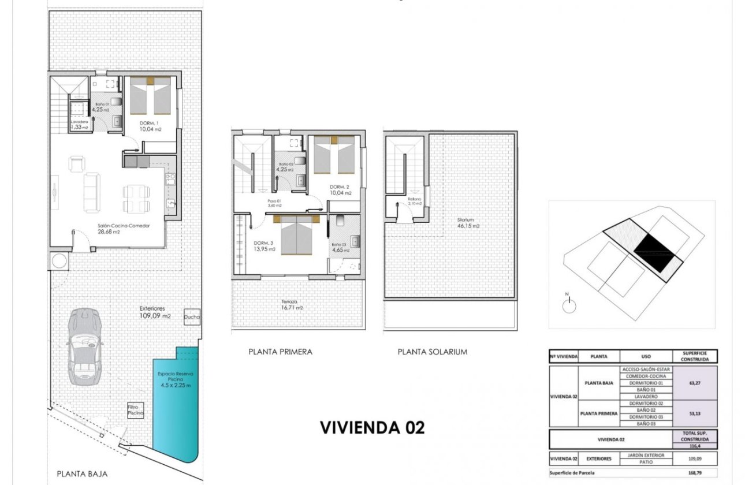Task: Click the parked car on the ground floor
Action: (x=84, y=346)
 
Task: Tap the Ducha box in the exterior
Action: (x=192, y=317)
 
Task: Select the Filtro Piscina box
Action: (x=135, y=411)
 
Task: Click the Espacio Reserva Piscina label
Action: (x=176, y=379)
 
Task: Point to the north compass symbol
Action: (x=568, y=305)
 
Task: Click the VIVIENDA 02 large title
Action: (x=372, y=428)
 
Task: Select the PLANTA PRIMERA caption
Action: (x=280, y=351)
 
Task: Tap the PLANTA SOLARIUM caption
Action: (x=433, y=351)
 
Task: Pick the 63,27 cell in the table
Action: (x=695, y=382)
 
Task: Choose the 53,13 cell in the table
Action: (x=695, y=413)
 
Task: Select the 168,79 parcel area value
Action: (x=695, y=473)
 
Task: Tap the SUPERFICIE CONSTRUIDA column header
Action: (x=695, y=356)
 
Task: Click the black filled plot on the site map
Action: (x=656, y=253)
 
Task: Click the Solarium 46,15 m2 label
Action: (x=468, y=223)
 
